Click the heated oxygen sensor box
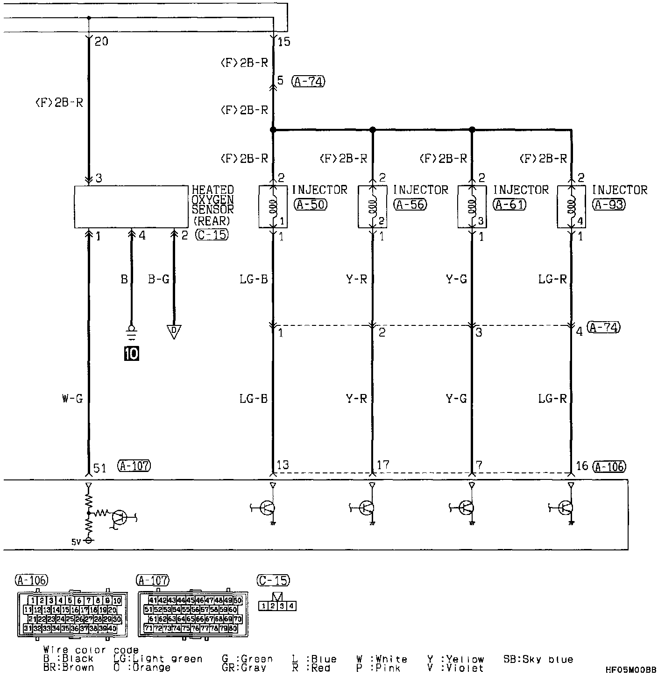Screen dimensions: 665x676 (x=131, y=206)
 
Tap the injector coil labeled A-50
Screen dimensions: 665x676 (x=273, y=207)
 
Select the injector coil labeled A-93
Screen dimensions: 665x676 (x=571, y=207)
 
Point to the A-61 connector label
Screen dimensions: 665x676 (x=510, y=204)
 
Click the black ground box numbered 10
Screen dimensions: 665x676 (x=131, y=354)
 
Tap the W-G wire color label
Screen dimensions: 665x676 (x=72, y=399)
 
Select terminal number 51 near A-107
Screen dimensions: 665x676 (x=100, y=467)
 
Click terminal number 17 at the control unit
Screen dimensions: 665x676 (x=382, y=465)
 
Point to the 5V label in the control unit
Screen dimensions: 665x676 (x=76, y=542)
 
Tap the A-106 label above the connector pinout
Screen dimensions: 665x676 (x=31, y=580)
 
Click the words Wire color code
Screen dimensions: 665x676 (x=91, y=650)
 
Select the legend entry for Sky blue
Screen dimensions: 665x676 (x=538, y=659)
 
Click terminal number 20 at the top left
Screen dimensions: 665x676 (x=101, y=42)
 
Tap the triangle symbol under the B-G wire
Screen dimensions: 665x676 (x=173, y=332)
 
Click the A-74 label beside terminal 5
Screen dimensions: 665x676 (x=308, y=81)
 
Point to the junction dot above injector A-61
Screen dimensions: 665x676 (x=472, y=129)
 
